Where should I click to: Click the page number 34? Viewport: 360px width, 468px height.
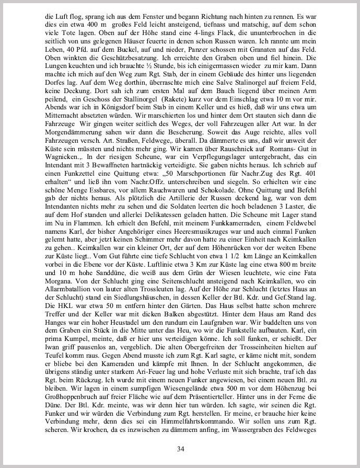(180, 449)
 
